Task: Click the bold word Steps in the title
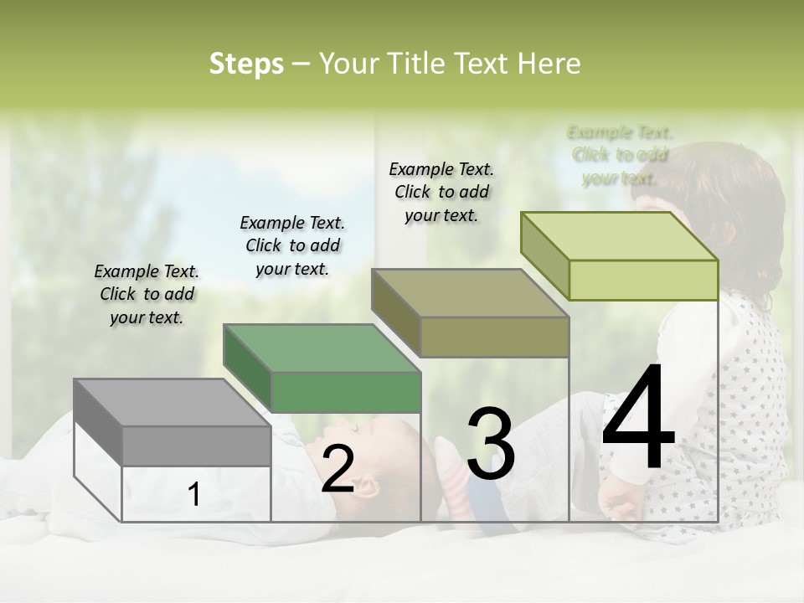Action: [246, 64]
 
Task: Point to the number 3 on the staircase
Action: [490, 444]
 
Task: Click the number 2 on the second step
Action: [338, 469]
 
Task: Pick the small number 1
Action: [193, 494]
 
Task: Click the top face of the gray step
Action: [172, 403]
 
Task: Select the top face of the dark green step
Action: [322, 348]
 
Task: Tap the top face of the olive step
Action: [470, 293]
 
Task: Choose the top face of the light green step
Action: [619, 236]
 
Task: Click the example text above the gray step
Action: [147, 294]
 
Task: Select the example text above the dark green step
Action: [292, 245]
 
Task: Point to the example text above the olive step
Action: [441, 192]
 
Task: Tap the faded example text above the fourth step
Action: [620, 155]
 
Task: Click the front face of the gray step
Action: [196, 446]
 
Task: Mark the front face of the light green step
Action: [643, 280]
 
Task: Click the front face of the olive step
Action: [494, 337]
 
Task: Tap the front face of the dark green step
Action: [345, 392]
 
